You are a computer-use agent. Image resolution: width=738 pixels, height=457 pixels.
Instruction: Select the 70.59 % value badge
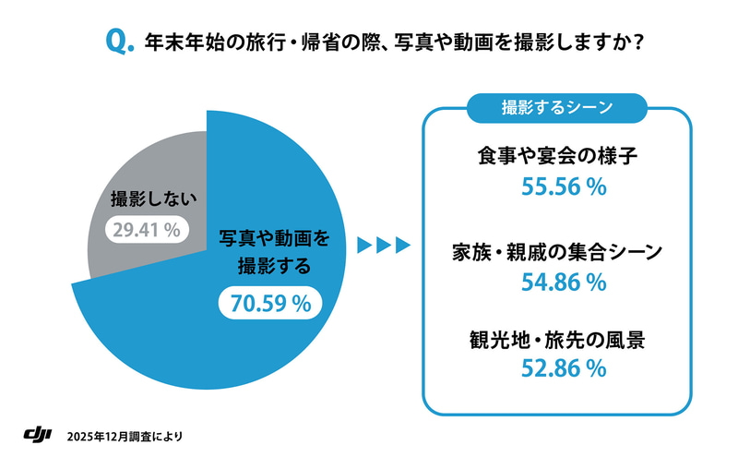click(x=270, y=302)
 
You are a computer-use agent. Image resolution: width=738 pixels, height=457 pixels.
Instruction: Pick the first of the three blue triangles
click(x=363, y=245)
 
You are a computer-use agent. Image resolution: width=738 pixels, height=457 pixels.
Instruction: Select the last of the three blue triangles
click(x=401, y=245)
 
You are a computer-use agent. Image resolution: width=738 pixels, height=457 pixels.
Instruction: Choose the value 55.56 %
click(x=559, y=186)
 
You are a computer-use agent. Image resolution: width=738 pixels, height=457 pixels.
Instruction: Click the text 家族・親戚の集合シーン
click(x=558, y=250)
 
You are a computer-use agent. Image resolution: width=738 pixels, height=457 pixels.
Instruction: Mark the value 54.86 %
click(x=559, y=281)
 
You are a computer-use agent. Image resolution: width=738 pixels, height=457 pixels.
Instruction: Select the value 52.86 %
click(x=559, y=369)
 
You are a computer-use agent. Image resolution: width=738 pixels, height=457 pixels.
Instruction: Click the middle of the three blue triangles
click(x=382, y=245)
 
